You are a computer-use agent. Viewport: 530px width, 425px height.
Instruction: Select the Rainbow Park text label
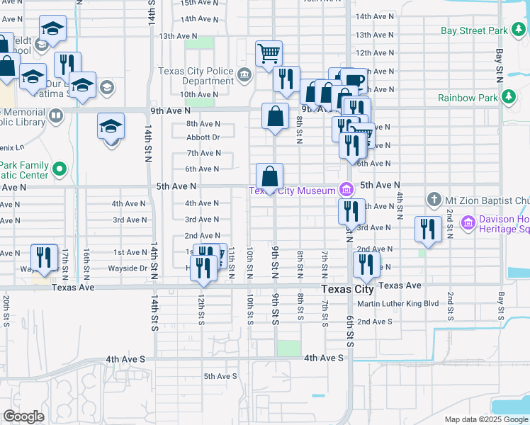pyautogui.click(x=467, y=98)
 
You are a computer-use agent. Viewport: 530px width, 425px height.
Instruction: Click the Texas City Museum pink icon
pyautogui.click(x=346, y=189)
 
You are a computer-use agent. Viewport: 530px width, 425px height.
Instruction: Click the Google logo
pyautogui.click(x=23, y=416)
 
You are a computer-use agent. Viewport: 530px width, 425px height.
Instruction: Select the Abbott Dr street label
pyautogui.click(x=203, y=137)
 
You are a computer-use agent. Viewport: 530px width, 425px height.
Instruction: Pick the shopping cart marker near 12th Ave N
pyautogui.click(x=269, y=52)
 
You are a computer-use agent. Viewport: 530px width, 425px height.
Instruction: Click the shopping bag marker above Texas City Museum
pyautogui.click(x=270, y=176)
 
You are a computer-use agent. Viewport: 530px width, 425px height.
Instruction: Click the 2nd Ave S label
pyautogui.click(x=374, y=321)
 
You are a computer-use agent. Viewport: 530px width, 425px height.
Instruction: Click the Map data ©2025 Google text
pyautogui.click(x=486, y=419)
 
